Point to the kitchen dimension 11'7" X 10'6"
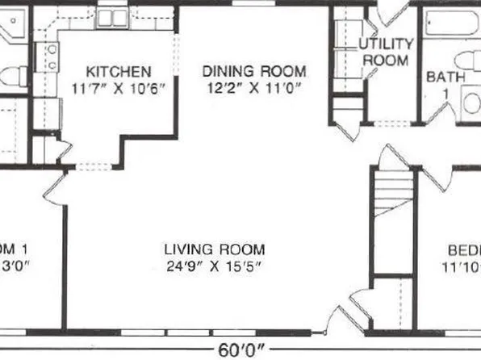(119, 87)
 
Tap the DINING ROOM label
(253, 71)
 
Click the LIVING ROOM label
(214, 249)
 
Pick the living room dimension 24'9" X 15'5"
(214, 266)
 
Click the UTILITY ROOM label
(385, 52)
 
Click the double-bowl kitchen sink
(111, 18)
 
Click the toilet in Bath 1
(467, 61)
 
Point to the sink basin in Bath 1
(471, 103)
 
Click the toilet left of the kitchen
(10, 77)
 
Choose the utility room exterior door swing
(394, 10)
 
